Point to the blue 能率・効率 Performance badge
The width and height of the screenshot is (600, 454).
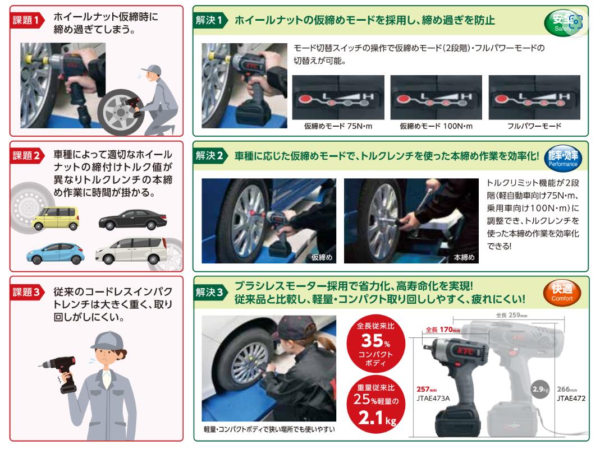(x=563, y=158)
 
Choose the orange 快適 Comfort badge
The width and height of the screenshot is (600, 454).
(x=562, y=293)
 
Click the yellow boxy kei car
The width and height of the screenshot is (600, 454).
(x=56, y=218)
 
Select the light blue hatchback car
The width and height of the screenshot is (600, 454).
(x=56, y=253)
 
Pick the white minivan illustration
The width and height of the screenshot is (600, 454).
(x=131, y=251)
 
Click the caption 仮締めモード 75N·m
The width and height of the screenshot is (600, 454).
(x=338, y=126)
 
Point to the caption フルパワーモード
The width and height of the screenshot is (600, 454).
(x=534, y=126)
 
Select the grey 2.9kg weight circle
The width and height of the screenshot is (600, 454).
(x=541, y=390)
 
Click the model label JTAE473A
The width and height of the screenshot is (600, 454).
(x=433, y=398)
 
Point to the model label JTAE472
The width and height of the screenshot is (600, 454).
(x=571, y=398)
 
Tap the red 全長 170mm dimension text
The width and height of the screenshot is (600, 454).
(x=443, y=330)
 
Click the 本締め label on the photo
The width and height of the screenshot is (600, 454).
(x=464, y=257)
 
